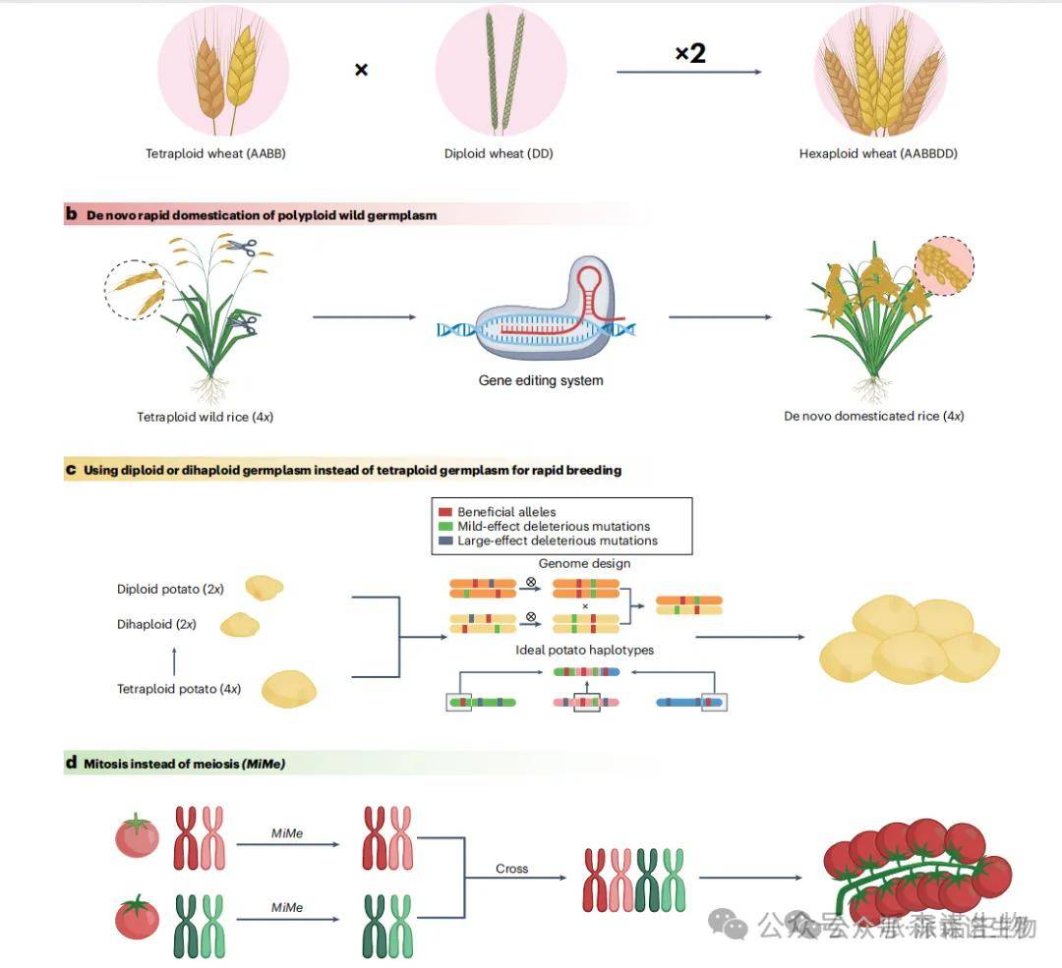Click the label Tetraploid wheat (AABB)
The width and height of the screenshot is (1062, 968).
[x=215, y=153]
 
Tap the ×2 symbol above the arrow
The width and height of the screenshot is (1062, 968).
[x=689, y=53]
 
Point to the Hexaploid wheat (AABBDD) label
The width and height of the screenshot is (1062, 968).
[x=878, y=153]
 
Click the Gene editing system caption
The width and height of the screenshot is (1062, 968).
[x=541, y=380]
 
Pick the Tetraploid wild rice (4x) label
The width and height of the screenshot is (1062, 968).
[x=205, y=417]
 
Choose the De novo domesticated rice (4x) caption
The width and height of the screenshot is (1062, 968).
[x=873, y=416]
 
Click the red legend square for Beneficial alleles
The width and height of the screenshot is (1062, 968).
[x=444, y=512]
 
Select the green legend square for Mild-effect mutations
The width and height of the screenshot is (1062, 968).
[x=444, y=527]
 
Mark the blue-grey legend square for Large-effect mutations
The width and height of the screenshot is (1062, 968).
[x=444, y=541]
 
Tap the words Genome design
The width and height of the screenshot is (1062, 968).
[x=584, y=563]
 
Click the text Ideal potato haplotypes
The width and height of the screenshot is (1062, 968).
[x=584, y=650]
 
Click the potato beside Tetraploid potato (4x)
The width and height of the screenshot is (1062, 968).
[x=289, y=688]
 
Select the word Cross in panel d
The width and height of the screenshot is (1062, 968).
[x=511, y=869]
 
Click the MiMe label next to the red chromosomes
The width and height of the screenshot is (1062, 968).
[x=287, y=833]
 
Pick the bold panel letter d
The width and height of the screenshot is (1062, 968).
[x=71, y=763]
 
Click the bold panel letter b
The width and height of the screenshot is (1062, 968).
[x=71, y=214]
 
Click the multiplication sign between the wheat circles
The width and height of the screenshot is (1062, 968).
[x=361, y=70]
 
